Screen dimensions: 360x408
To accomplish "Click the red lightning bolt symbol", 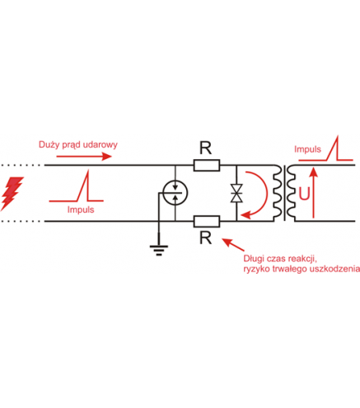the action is click(12, 193).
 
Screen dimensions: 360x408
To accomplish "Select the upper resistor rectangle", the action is click(207, 166).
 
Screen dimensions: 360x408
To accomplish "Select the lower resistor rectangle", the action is click(207, 222).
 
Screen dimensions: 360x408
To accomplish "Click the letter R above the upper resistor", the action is click(206, 148).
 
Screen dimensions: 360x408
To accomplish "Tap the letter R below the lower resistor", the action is click(206, 238).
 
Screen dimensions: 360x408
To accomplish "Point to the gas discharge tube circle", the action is click(175, 193).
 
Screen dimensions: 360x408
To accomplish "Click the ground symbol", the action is click(159, 250).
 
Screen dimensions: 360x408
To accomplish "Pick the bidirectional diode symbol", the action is click(236, 194).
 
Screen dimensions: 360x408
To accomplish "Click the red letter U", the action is click(304, 194).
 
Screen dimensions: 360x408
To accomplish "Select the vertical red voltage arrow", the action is click(313, 193).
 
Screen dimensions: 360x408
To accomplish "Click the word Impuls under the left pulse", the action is click(81, 210).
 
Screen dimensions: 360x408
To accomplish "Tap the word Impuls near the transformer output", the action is click(307, 149).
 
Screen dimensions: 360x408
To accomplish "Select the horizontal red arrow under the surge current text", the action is click(84, 157).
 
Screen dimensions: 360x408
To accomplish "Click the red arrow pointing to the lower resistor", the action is click(233, 245).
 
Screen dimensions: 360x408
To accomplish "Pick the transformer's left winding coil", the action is click(278, 193).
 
